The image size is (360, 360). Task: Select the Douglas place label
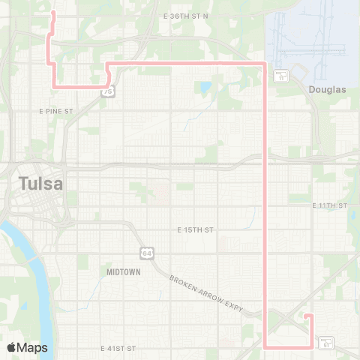click(x=328, y=89)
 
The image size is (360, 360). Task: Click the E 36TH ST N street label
click(x=185, y=16)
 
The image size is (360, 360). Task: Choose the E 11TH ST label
click(x=330, y=205)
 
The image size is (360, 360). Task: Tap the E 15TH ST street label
click(x=195, y=229)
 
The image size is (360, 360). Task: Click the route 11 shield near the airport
click(x=281, y=75)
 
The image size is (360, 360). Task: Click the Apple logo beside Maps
click(x=11, y=347)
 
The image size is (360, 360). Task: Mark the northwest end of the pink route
click(x=52, y=13)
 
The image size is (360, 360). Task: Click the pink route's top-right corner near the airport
click(x=265, y=63)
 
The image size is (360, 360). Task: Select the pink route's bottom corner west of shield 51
click(x=266, y=346)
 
